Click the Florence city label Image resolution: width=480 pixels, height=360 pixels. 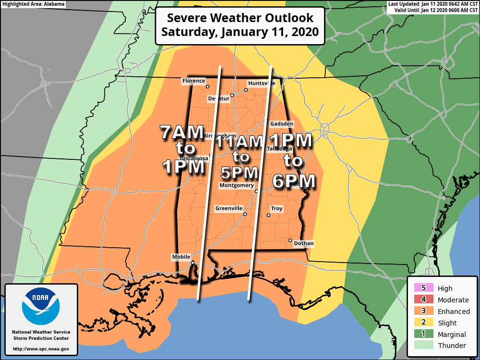[x=193, y=81]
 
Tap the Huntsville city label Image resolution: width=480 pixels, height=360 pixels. [x=262, y=83]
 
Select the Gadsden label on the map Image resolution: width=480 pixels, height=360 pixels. [x=281, y=124]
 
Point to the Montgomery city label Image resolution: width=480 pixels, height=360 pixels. [x=236, y=185]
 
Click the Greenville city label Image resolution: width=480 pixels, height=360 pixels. [x=228, y=208]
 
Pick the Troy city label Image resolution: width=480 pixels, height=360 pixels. [x=276, y=209]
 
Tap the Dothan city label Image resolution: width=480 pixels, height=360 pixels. [x=303, y=244]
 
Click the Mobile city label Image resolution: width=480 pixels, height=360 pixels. [x=181, y=257]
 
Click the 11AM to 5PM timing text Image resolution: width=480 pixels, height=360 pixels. [x=239, y=156]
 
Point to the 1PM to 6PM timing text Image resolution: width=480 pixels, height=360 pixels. [x=292, y=160]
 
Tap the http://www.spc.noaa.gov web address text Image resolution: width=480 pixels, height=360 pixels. [x=41, y=349]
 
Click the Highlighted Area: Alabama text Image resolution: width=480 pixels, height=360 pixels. [x=33, y=4]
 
